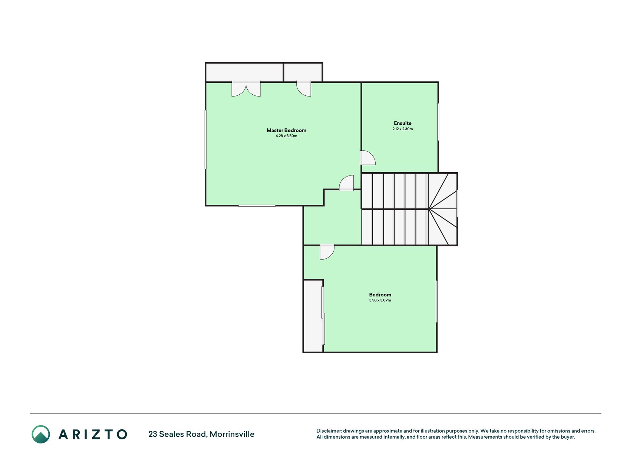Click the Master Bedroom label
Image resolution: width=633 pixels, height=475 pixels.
[286, 130]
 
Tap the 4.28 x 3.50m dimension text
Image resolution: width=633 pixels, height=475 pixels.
[286, 136]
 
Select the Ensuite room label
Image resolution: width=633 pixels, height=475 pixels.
[403, 123]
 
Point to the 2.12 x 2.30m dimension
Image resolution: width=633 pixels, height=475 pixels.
[403, 129]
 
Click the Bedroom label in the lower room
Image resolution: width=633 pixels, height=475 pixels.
[380, 295]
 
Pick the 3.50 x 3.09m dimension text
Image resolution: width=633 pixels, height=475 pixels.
[380, 300]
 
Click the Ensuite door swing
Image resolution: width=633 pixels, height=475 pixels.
[368, 157]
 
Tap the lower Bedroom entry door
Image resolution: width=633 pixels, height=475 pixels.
[327, 252]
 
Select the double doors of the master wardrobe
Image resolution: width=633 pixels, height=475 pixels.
[246, 89]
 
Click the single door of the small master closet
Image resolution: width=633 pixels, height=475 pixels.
[304, 89]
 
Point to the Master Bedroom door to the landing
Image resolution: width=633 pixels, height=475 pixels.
[347, 183]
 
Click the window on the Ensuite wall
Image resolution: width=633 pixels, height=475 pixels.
[438, 122]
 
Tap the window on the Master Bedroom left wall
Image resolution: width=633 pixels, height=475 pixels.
[206, 140]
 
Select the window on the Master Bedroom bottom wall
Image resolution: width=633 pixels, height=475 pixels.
[257, 206]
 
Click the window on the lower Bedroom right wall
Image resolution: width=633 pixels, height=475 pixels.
[437, 301]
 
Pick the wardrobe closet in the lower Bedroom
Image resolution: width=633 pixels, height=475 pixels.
[313, 316]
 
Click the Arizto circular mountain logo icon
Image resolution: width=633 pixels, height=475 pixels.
[41, 434]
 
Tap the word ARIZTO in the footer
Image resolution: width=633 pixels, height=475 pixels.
[93, 434]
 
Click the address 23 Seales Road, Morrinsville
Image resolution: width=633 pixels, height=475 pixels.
[201, 434]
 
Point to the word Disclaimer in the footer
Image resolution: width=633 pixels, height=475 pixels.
[329, 431]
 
